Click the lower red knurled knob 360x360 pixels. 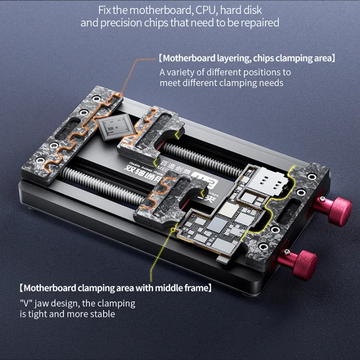(304, 259)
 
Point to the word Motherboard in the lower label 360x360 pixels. (48, 288)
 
